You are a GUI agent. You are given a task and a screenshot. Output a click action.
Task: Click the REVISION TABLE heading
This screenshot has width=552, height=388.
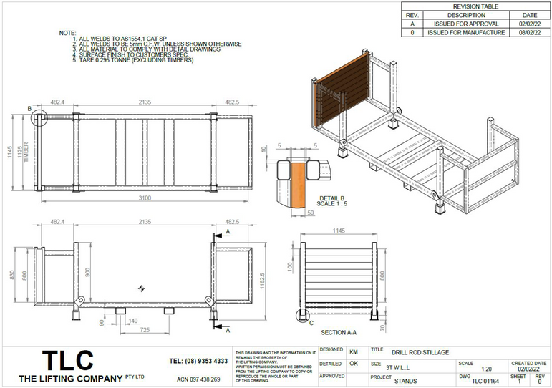[x=476, y=6]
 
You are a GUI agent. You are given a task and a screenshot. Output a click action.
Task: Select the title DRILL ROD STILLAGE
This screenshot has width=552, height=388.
[x=420, y=353]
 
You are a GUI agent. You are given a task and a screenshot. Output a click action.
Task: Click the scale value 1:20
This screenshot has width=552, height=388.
[x=486, y=369]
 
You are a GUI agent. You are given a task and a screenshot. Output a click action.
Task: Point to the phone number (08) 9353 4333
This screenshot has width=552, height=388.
[x=198, y=361]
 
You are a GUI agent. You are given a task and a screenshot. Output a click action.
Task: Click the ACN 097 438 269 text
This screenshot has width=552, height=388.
[x=198, y=379]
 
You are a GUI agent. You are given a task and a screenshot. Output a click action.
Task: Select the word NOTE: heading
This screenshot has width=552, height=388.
[x=67, y=33]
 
